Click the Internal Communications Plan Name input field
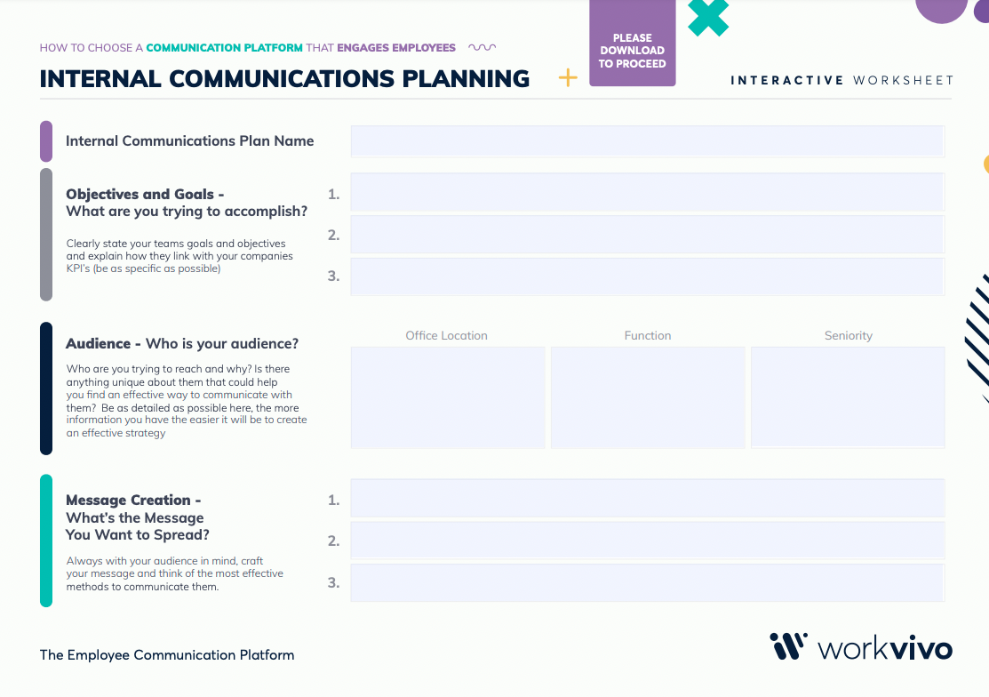click(647, 141)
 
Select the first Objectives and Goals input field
click(647, 192)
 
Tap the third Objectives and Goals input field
click(647, 276)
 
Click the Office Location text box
click(448, 397)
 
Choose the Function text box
click(648, 397)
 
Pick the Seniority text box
click(848, 397)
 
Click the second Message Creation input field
click(647, 540)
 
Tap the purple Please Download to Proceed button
click(633, 43)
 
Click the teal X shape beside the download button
click(708, 17)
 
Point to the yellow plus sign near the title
click(568, 77)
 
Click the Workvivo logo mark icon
click(788, 646)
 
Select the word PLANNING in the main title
click(467, 79)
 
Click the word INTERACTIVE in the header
click(786, 80)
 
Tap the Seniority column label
click(849, 335)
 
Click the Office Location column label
click(447, 335)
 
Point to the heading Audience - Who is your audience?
click(182, 344)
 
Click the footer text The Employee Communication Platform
click(167, 654)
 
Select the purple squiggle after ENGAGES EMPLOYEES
click(482, 47)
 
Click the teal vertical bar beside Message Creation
click(46, 541)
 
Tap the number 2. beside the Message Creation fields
click(333, 541)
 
